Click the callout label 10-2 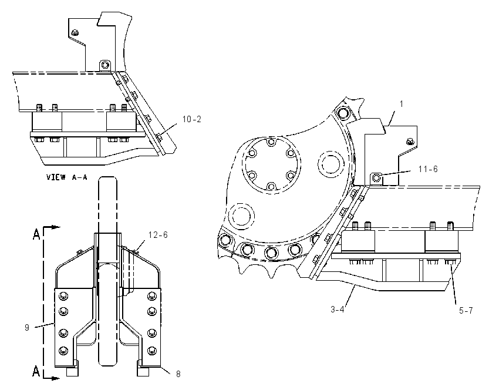pyautogui.click(x=191, y=119)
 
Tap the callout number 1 pyautogui.click(x=402, y=104)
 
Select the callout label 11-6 pyautogui.click(x=428, y=169)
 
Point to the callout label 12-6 pyautogui.click(x=158, y=235)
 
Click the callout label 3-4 pyautogui.click(x=338, y=309)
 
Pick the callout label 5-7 pyautogui.click(x=466, y=310)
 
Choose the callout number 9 pyautogui.click(x=27, y=327)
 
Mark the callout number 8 pyautogui.click(x=178, y=374)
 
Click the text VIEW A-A pyautogui.click(x=66, y=177)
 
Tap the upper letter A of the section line pyautogui.click(x=36, y=235)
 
